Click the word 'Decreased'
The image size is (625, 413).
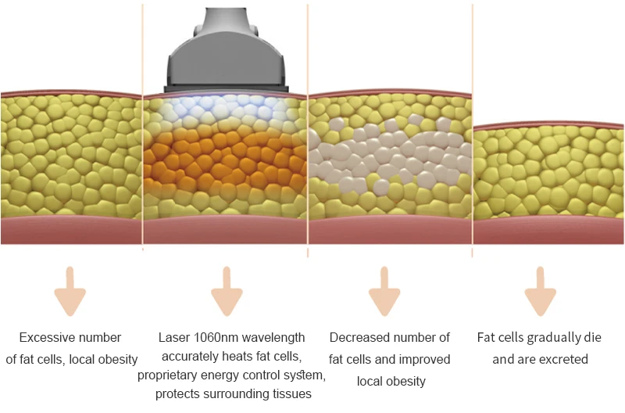359,338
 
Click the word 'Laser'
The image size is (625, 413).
173,338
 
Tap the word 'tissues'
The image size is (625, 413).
292,394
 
